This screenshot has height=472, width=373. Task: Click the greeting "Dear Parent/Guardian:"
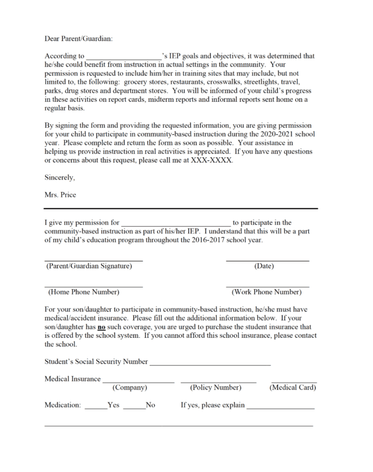(x=78, y=39)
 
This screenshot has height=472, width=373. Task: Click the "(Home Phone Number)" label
(x=83, y=291)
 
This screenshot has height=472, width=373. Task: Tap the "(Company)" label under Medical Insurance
(x=129, y=388)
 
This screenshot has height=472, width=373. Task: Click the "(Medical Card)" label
(x=292, y=388)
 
